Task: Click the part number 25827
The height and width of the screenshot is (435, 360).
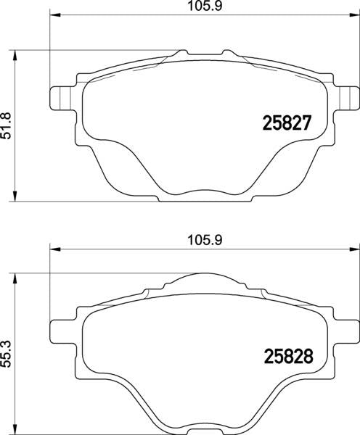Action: (287, 123)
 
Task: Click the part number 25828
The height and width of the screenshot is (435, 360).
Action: (289, 356)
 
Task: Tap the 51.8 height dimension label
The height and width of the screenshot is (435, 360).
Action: (7, 125)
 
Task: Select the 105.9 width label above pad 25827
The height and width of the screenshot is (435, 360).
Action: (205, 7)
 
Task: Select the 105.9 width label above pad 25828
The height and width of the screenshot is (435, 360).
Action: (205, 240)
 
